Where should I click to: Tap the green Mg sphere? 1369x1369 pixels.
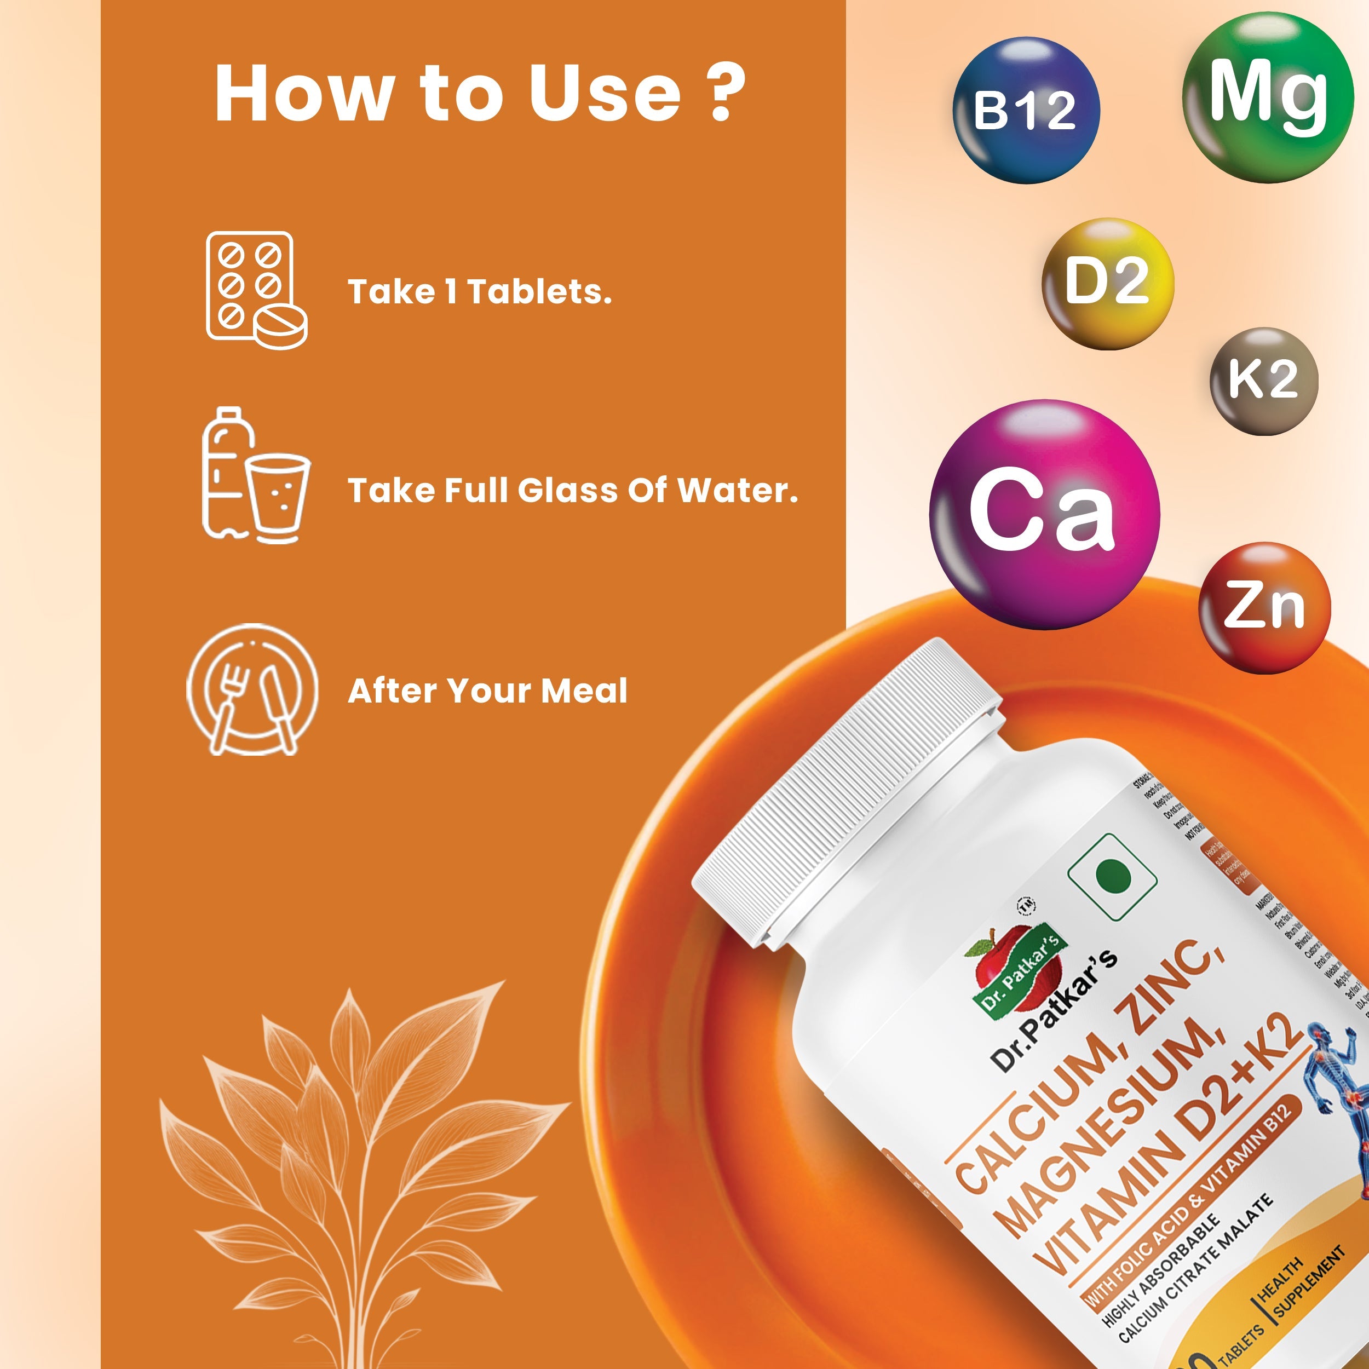(x=1268, y=97)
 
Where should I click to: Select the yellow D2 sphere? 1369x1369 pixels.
(x=1108, y=284)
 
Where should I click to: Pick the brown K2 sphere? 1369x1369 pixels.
(x=1263, y=381)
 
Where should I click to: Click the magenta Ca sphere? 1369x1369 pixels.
(x=1044, y=514)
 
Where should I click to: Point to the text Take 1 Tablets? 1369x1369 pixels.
(x=479, y=292)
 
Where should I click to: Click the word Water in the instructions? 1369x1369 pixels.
(x=737, y=490)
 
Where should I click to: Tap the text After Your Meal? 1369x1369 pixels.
(x=487, y=691)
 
